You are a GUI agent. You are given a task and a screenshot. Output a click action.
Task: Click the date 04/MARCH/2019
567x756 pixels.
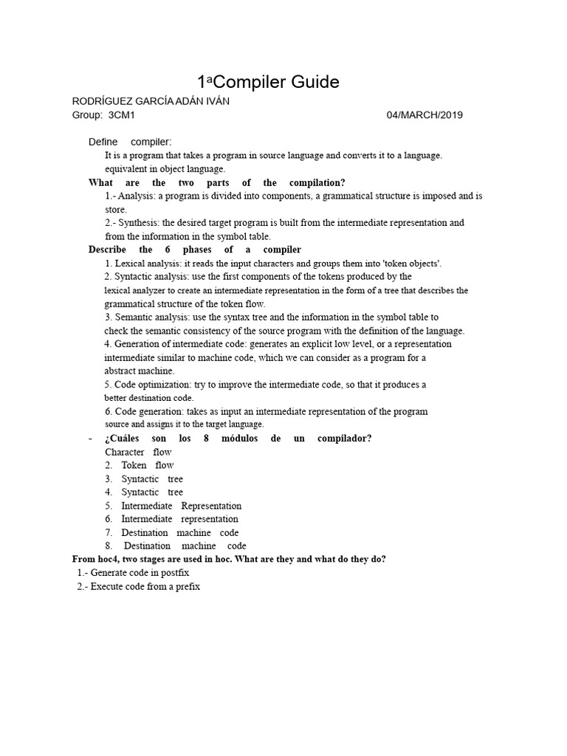(x=425, y=115)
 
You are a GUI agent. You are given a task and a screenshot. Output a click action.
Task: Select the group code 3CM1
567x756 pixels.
(x=121, y=115)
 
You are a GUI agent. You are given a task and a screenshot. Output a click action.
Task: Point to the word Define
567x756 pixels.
(x=103, y=142)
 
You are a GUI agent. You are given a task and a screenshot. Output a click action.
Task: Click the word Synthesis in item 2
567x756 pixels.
(x=138, y=222)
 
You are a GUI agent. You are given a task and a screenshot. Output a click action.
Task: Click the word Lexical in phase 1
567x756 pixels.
(x=130, y=263)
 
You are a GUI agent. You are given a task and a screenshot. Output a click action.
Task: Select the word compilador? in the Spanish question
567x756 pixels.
(x=344, y=439)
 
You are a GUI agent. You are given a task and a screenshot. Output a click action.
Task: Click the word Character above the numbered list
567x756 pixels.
(x=125, y=452)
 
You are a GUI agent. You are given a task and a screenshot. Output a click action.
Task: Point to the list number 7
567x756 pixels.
(x=108, y=532)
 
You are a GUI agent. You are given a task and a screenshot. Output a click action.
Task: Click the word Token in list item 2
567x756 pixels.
(x=134, y=465)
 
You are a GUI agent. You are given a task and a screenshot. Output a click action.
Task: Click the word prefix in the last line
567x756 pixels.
(x=185, y=586)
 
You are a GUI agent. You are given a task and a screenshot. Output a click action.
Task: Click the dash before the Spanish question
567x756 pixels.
(x=90, y=439)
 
